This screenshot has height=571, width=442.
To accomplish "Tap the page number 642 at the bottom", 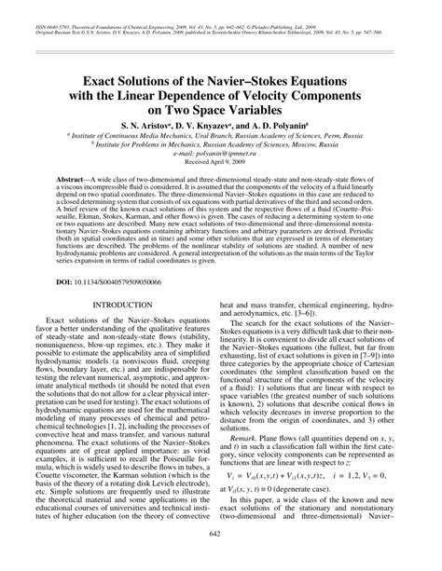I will pos(221,558).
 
